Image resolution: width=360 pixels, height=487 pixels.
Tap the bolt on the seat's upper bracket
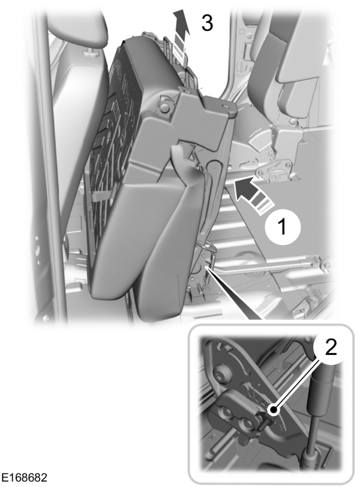pyautogui.click(x=163, y=107)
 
